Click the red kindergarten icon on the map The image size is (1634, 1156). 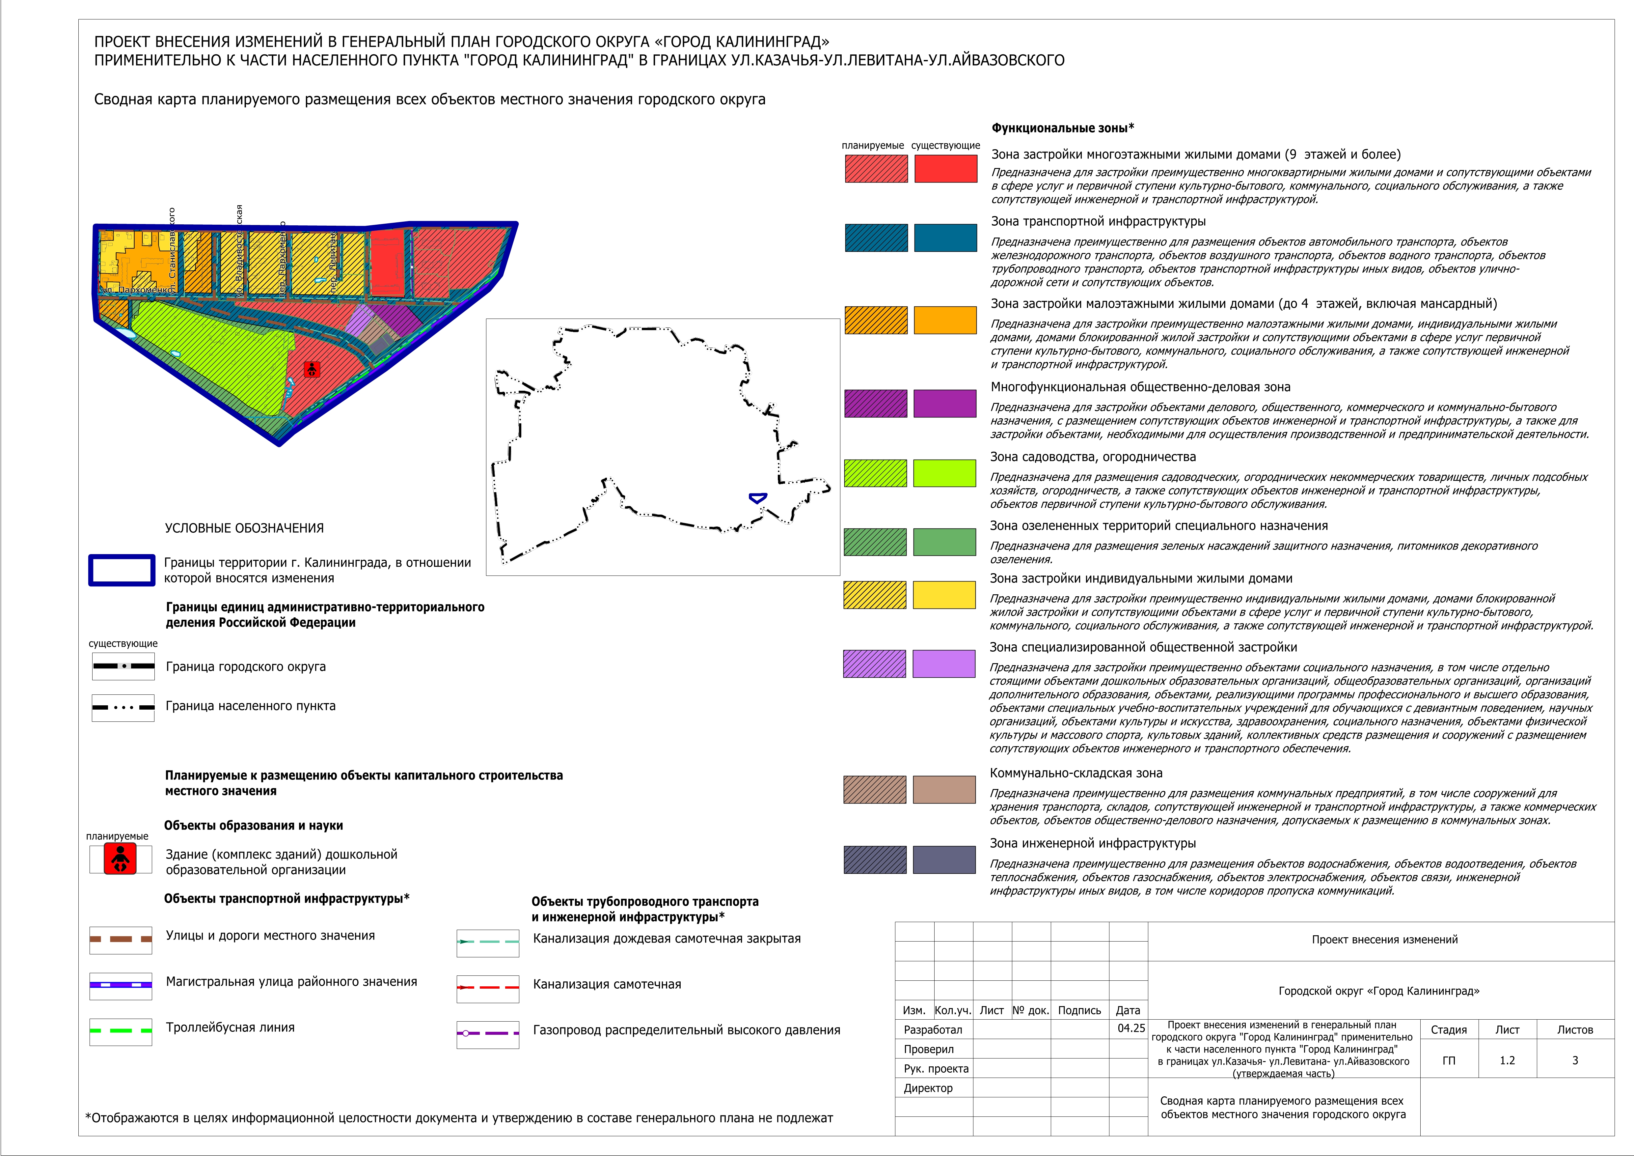312,369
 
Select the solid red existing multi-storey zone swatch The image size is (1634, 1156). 945,169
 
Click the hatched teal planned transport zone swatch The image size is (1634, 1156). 876,238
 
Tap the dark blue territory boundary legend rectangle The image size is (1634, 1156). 122,570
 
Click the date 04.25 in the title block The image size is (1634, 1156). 1131,1028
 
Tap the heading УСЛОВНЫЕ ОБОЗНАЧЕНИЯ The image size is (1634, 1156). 244,528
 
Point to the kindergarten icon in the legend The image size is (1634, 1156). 120,859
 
